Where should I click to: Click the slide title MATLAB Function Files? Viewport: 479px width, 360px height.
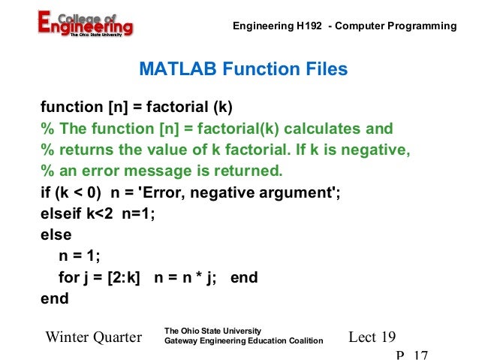click(243, 70)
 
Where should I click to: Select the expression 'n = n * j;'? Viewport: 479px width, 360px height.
click(185, 277)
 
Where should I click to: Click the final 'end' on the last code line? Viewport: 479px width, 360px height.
click(54, 298)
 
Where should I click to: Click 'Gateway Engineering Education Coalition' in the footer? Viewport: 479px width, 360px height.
click(243, 341)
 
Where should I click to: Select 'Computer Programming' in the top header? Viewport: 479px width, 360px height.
click(395, 26)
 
